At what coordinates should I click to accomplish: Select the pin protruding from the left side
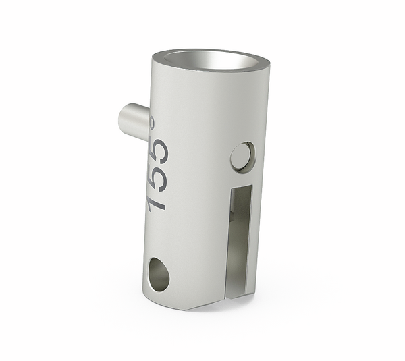(134, 121)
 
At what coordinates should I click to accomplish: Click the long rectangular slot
(240, 236)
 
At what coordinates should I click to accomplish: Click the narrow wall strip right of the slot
(254, 236)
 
